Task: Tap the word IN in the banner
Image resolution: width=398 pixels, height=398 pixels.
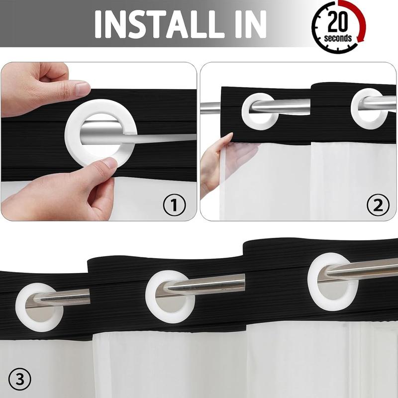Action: pos(251,24)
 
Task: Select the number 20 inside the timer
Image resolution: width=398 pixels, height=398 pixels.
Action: pos(337,21)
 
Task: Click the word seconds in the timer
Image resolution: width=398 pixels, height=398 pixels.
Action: pos(338,38)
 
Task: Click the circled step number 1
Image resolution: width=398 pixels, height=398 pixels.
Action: pos(175,205)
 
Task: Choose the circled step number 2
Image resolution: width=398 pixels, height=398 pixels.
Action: pos(378,205)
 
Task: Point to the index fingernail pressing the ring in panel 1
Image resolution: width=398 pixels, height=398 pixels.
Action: pos(109,163)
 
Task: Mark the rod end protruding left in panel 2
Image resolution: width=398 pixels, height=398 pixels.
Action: pos(210,108)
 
